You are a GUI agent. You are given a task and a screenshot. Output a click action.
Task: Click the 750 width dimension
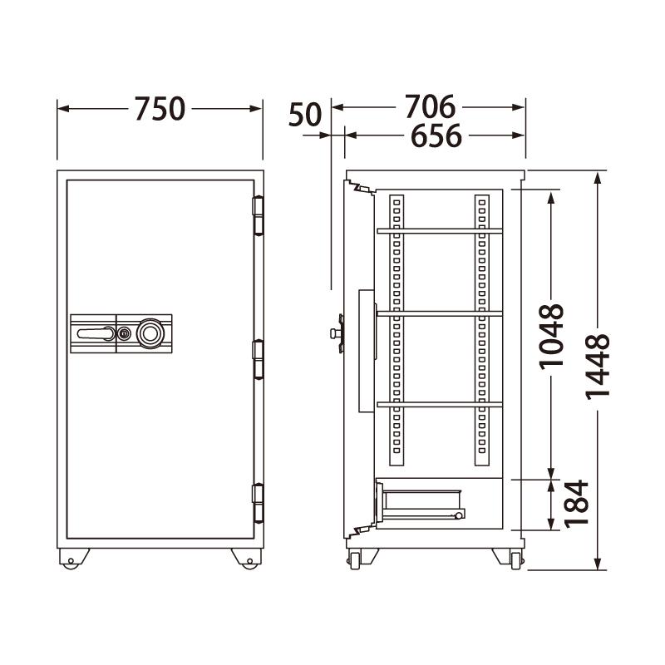[x=160, y=109]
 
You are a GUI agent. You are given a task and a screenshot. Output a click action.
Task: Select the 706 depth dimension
[x=430, y=107]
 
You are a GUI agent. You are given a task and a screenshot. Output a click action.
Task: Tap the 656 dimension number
[x=436, y=135]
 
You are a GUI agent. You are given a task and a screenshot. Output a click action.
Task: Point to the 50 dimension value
[x=305, y=115]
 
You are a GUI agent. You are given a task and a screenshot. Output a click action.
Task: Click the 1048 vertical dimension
[x=551, y=337]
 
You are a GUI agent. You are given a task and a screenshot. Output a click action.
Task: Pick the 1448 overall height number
[x=597, y=367]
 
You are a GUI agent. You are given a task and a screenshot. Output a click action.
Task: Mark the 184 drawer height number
[x=577, y=505]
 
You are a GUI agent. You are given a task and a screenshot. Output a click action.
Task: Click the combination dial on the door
[x=150, y=333]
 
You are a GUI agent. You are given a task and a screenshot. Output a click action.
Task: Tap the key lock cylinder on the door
[x=124, y=334]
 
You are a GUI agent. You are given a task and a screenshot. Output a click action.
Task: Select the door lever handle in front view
[x=96, y=334]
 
